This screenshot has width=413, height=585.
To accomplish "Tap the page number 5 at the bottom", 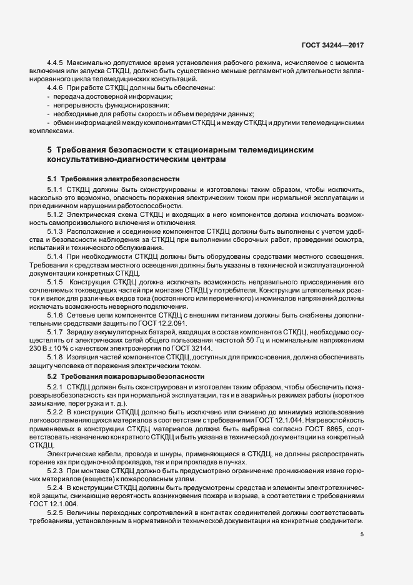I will pyautogui.click(x=361, y=534).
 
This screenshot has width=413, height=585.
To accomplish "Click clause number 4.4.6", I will pyautogui.click(x=57, y=88).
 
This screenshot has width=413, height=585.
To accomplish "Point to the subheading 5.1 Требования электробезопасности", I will pyautogui.click(x=113, y=179).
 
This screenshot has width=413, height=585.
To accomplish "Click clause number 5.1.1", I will pyautogui.click(x=57, y=189).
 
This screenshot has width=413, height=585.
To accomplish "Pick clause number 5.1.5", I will pyautogui.click(x=57, y=282).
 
